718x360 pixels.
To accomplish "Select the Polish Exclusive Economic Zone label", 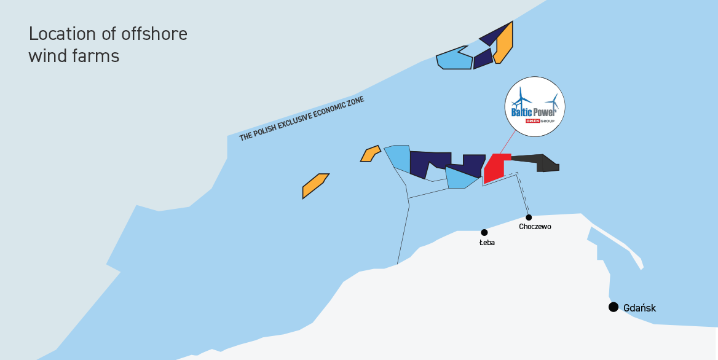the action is point(302,119).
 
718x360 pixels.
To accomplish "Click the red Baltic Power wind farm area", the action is point(495,168).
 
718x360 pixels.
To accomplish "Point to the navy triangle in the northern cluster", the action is point(494,35).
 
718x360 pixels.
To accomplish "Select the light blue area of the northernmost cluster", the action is point(454,58).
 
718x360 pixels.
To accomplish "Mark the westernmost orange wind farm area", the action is point(315,186).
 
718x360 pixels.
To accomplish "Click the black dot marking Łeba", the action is point(484,232).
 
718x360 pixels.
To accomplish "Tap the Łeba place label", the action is point(487,243).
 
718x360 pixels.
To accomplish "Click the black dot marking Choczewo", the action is point(529,217).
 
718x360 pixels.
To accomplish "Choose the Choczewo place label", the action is point(535,227).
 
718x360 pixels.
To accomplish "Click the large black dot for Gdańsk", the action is point(613,307).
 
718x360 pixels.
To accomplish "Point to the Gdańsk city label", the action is point(640,308).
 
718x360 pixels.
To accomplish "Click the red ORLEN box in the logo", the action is point(534,121).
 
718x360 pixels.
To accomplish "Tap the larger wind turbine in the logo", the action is point(521,98).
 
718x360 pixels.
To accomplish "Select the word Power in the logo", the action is point(545,112).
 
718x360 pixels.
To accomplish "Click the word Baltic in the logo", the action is point(522,112).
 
